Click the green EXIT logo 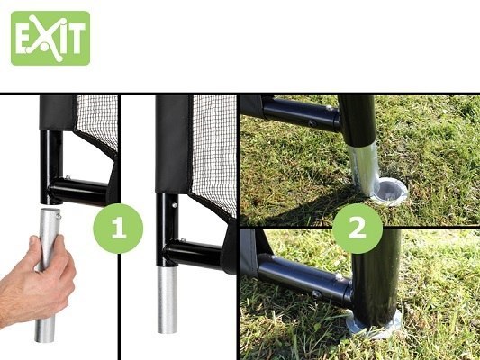pyautogui.click(x=50, y=38)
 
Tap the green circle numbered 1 pyautogui.click(x=118, y=229)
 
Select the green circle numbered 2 pyautogui.click(x=358, y=229)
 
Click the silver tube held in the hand pyautogui.click(x=48, y=275)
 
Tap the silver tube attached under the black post pyautogui.click(x=168, y=300)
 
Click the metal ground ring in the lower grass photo pyautogui.click(x=374, y=324)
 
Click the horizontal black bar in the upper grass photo pyautogui.click(x=302, y=114)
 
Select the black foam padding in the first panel pyautogui.click(x=58, y=113)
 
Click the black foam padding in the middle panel pyautogui.click(x=173, y=144)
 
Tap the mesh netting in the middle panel pyautogui.click(x=214, y=153)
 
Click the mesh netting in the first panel pyautogui.click(x=97, y=122)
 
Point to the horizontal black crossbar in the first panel pyautogui.click(x=79, y=192)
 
